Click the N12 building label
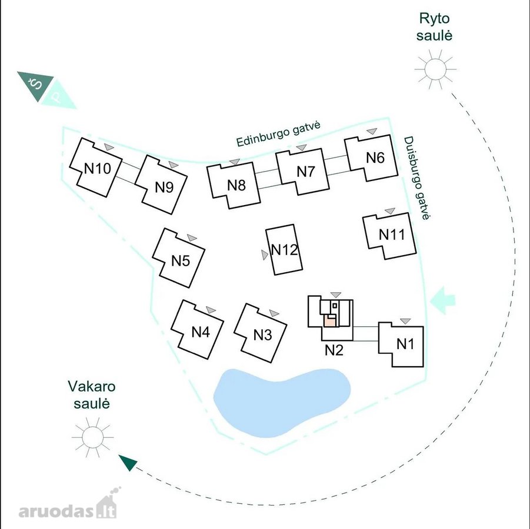coord(285,250)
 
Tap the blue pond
coord(282,402)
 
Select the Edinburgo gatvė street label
coord(278,134)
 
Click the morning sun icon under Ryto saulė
coord(435,69)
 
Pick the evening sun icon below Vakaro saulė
coord(92,437)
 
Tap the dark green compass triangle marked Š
coord(35,86)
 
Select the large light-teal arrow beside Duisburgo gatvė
coord(443,300)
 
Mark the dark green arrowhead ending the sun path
coord(128,462)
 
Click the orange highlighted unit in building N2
coord(329,320)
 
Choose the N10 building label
coord(97,168)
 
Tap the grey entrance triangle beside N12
coord(265,255)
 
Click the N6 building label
coord(375,158)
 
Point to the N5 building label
coord(181,261)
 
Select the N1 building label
coord(405,344)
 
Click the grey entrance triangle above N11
coord(390,211)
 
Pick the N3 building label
coord(262,335)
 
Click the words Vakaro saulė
coord(92,395)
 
